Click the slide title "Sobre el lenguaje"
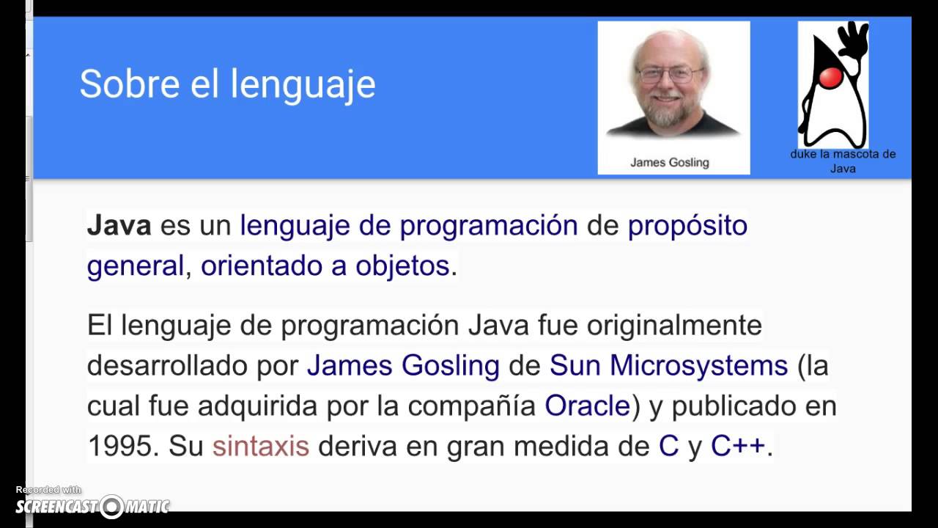point(227,84)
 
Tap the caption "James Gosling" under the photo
point(669,163)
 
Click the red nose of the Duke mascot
point(830,77)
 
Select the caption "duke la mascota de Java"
point(843,161)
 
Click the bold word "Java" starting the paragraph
point(119,225)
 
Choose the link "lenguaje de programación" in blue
point(409,225)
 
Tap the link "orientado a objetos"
point(325,265)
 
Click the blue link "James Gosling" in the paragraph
point(403,365)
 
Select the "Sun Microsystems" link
point(668,365)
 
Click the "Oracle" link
point(587,406)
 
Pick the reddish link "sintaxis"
point(261,446)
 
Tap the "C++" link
point(738,446)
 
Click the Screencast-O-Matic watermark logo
point(93,505)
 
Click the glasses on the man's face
point(670,74)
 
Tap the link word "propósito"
point(687,225)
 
